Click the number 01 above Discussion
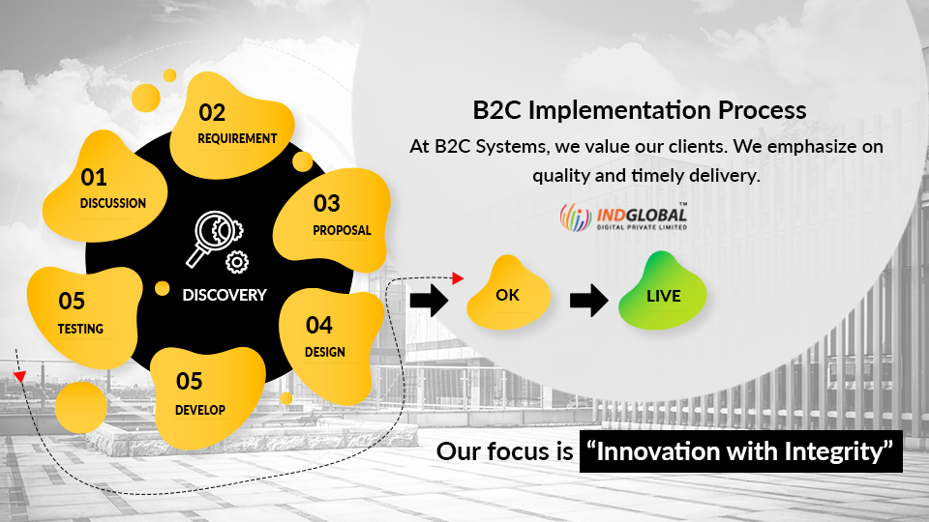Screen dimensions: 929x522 pyautogui.click(x=94, y=177)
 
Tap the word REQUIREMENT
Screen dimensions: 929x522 pyautogui.click(x=237, y=138)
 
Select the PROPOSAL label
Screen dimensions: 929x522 pyautogui.click(x=342, y=230)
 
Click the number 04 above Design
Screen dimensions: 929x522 pyautogui.click(x=318, y=325)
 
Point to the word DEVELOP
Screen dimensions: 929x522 pyautogui.click(x=200, y=410)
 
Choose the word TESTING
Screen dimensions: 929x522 pyautogui.click(x=80, y=329)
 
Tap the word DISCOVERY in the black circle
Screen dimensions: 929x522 pyautogui.click(x=225, y=295)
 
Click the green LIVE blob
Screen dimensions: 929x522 pyautogui.click(x=662, y=292)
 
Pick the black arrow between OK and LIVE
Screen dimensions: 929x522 pyautogui.click(x=589, y=300)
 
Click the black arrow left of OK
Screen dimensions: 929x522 pyautogui.click(x=429, y=300)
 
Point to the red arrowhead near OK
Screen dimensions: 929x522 pyautogui.click(x=458, y=277)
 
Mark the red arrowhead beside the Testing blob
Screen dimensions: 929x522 pyautogui.click(x=20, y=376)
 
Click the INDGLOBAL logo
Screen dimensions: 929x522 pyautogui.click(x=623, y=217)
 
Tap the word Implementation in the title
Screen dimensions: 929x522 pyautogui.click(x=619, y=110)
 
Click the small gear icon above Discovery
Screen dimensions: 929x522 pyautogui.click(x=237, y=262)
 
